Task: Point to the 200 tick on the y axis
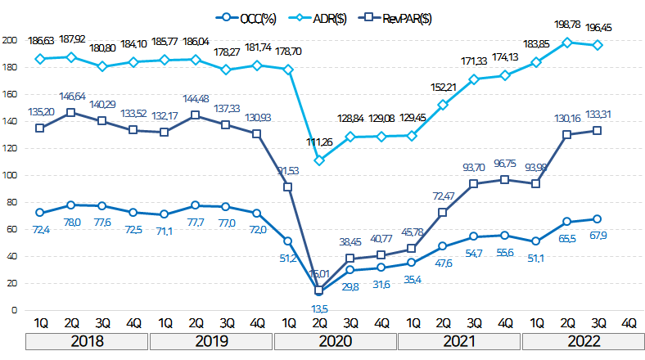click(x=10, y=40)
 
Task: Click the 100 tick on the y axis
click(x=10, y=175)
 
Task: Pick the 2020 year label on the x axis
click(x=335, y=340)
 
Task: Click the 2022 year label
click(x=582, y=340)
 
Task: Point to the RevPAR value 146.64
click(x=72, y=96)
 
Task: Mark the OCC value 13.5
click(x=320, y=308)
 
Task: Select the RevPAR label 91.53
click(x=287, y=170)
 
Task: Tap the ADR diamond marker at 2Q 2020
click(x=319, y=160)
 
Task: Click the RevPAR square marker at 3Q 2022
click(x=598, y=130)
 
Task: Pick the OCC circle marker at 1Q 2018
click(x=40, y=213)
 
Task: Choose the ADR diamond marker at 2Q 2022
click(x=566, y=42)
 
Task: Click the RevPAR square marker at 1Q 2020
click(x=288, y=187)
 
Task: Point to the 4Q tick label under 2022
click(x=629, y=322)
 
